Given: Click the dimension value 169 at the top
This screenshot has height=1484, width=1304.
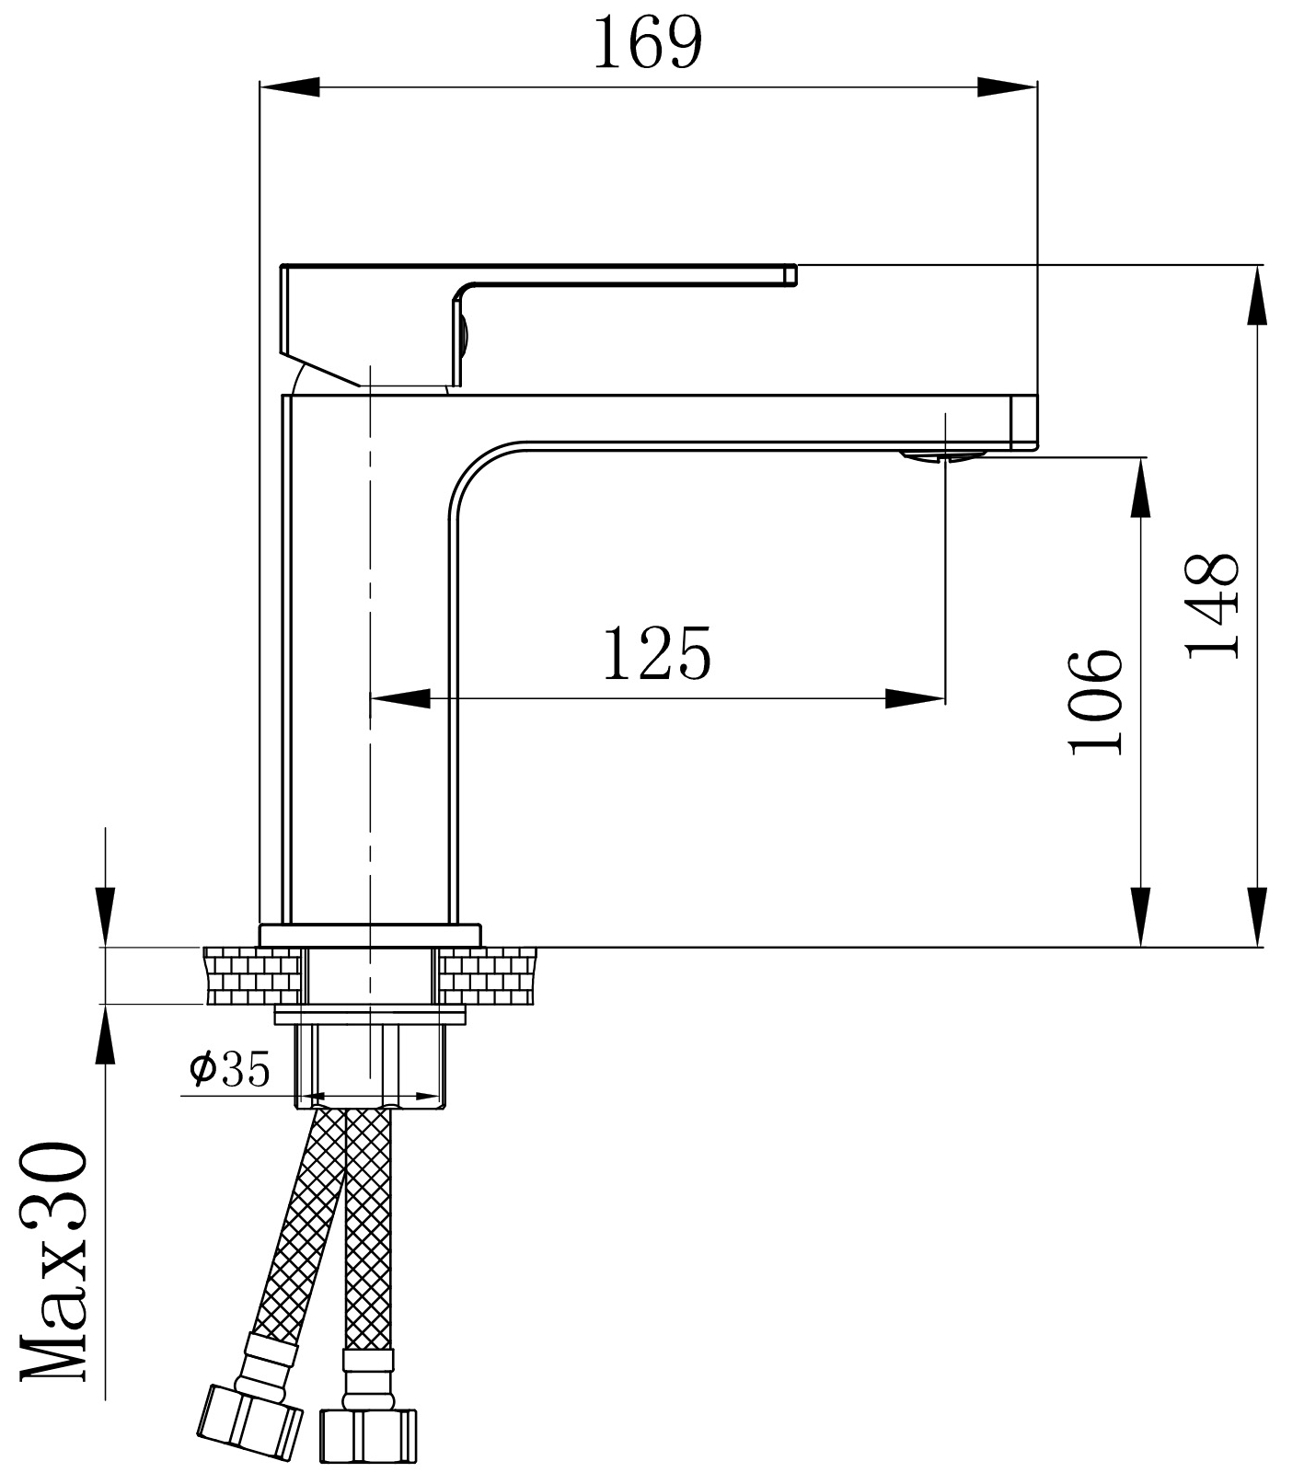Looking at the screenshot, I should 647,43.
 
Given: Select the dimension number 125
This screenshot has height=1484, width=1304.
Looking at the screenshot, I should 657,653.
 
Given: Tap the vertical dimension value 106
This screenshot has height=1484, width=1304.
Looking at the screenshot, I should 1097,701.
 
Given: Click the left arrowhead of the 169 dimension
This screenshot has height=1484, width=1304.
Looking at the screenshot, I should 289,87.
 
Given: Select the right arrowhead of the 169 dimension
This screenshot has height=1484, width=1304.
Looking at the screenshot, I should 1008,87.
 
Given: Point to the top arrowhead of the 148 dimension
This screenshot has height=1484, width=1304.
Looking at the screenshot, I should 1256,295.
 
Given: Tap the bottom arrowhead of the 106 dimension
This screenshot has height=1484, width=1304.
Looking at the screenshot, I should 1140,915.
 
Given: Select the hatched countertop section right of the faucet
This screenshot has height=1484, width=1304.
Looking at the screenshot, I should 488,975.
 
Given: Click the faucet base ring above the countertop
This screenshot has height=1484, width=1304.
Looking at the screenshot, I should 370,934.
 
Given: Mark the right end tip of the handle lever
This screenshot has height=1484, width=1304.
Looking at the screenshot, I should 790,274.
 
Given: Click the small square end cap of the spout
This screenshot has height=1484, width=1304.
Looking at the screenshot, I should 1023,422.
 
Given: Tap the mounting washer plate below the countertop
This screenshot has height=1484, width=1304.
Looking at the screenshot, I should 370,1014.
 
